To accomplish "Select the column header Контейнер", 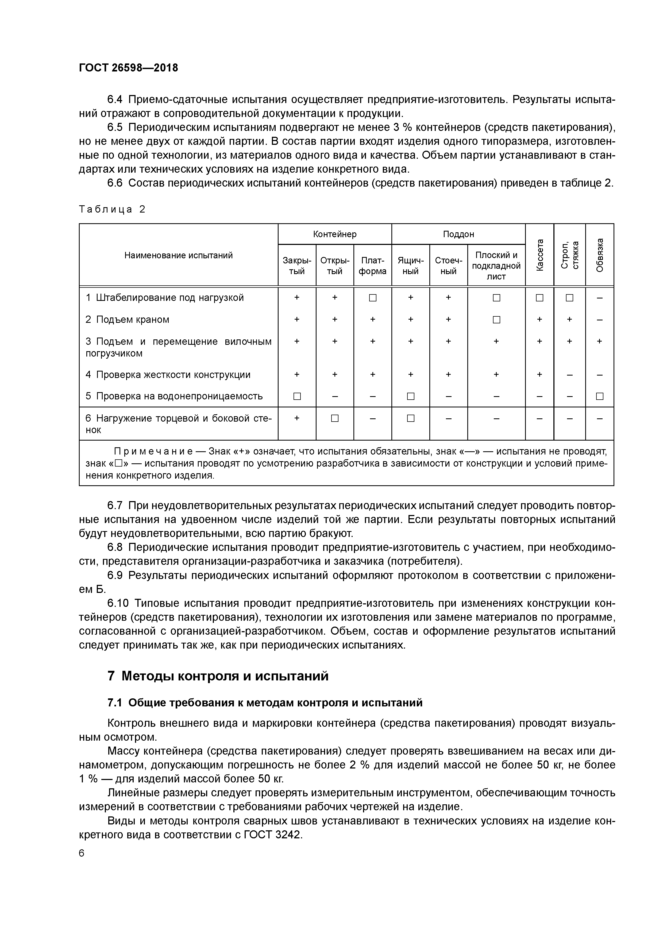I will tap(334, 234).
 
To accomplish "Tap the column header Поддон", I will tap(458, 234).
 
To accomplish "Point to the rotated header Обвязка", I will tap(599, 254).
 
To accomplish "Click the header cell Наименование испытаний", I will tap(179, 255).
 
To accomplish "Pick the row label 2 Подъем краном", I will tap(127, 319).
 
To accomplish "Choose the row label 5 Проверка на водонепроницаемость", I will tap(174, 396).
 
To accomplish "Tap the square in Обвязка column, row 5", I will tap(599, 396).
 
